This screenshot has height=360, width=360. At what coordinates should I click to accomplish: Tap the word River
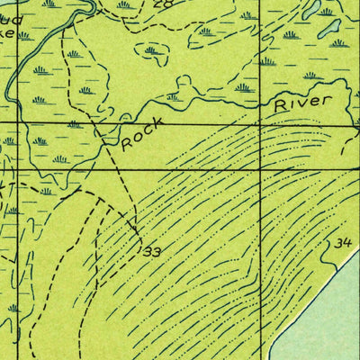(x=303, y=103)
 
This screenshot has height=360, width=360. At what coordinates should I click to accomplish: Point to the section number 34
(x=342, y=243)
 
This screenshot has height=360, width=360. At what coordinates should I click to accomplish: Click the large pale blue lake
(x=324, y=315)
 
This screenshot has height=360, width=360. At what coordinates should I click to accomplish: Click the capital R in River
(x=282, y=107)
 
